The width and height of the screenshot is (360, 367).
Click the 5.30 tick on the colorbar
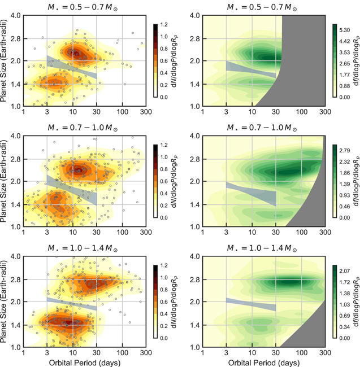345,30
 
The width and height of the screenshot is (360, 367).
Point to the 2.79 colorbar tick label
345,151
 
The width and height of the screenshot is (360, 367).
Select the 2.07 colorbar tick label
345,271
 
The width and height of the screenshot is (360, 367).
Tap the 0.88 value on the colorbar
345,86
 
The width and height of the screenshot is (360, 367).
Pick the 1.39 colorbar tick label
345,184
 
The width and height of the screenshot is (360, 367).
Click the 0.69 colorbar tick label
345,316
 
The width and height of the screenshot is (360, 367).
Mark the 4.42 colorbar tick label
345,41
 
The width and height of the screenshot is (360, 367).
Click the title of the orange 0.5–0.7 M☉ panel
83,7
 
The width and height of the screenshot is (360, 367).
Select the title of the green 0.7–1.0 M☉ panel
262,128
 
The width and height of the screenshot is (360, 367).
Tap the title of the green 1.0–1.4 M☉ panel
262,248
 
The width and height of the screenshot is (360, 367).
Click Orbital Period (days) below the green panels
264,363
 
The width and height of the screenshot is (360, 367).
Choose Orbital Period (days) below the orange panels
85,363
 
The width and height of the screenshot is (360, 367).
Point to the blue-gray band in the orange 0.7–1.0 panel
72,188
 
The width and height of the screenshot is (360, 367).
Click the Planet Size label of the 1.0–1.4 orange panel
3,302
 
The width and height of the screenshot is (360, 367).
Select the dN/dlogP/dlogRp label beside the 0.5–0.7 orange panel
174,61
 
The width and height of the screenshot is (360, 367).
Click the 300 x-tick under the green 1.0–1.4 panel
326,352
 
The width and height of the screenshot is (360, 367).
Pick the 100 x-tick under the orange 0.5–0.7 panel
123,112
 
